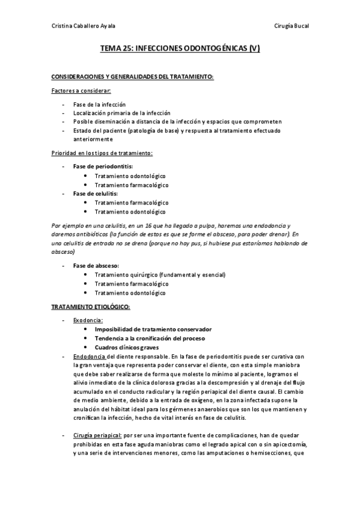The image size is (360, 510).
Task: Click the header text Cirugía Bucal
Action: click(x=291, y=26)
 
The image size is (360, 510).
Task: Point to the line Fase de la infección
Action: click(x=100, y=104)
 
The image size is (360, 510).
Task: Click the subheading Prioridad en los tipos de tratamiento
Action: click(x=102, y=153)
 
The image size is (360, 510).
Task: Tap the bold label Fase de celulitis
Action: click(x=95, y=194)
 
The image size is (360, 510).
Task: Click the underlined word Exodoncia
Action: click(x=88, y=320)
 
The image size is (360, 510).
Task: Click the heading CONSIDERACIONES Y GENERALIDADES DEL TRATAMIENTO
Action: click(x=133, y=78)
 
